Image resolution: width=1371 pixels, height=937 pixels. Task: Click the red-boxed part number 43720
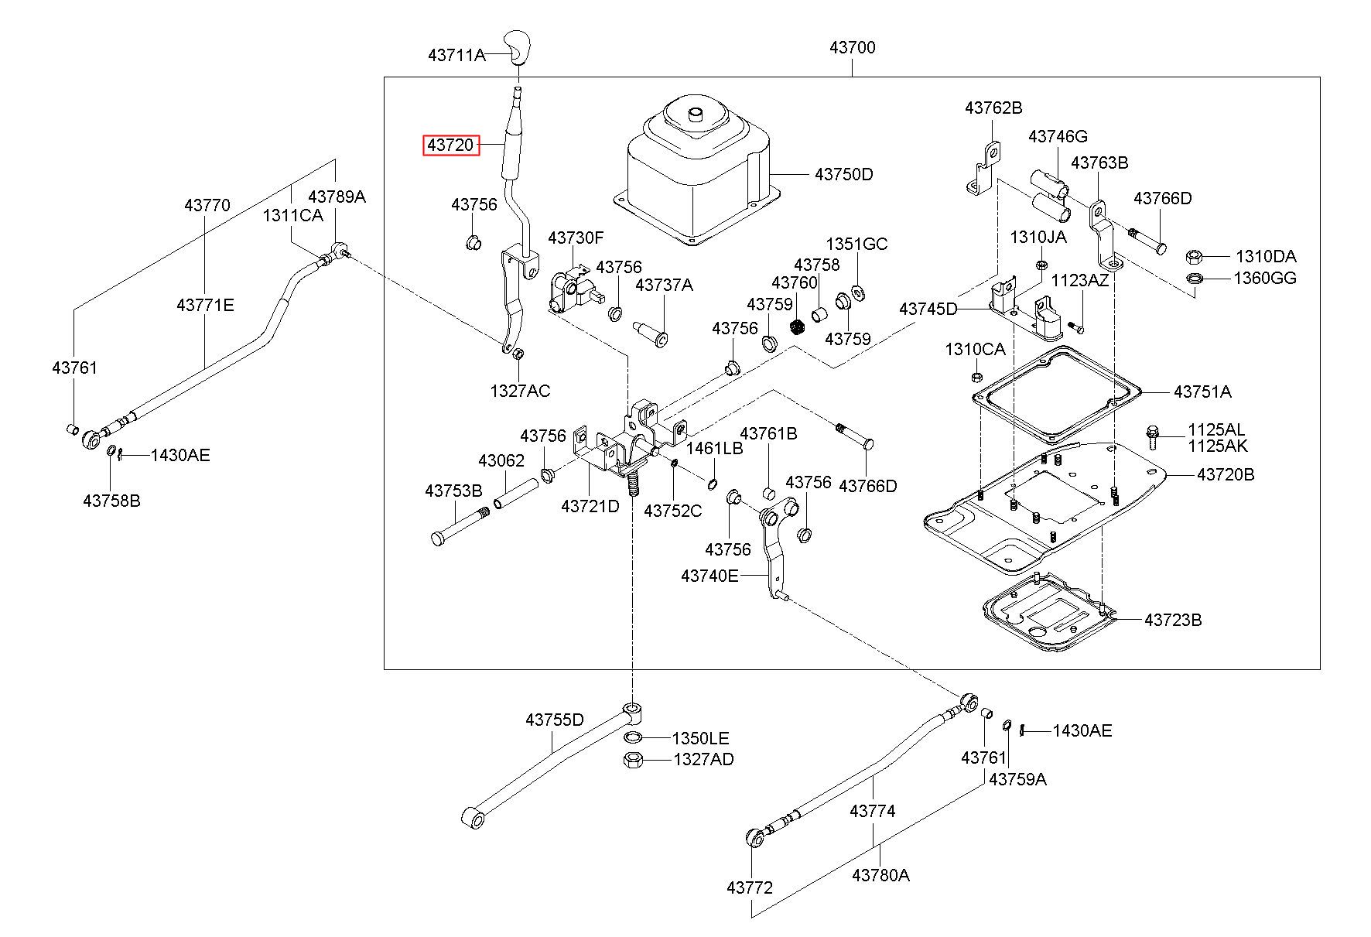(x=451, y=145)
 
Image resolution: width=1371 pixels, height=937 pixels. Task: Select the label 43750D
(x=843, y=175)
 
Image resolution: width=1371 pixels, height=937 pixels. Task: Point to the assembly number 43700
(x=852, y=47)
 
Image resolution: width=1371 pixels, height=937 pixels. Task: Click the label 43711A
(x=456, y=55)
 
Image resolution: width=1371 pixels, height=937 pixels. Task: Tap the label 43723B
(x=1173, y=620)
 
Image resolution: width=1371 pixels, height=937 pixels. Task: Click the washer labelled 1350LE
(x=632, y=737)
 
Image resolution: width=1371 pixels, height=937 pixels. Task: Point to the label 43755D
(x=555, y=720)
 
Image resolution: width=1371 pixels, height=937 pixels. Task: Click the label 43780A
(x=880, y=875)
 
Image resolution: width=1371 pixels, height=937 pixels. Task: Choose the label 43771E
(x=205, y=305)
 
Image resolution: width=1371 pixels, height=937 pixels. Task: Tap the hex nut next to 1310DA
(x=1193, y=256)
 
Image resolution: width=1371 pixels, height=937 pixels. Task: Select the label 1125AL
(x=1217, y=430)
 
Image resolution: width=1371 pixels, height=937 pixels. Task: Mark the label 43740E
(x=710, y=576)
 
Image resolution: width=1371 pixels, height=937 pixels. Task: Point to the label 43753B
(x=453, y=491)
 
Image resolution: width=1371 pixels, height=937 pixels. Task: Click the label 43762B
(x=993, y=108)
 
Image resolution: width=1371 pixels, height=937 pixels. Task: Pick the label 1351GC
(x=856, y=244)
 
